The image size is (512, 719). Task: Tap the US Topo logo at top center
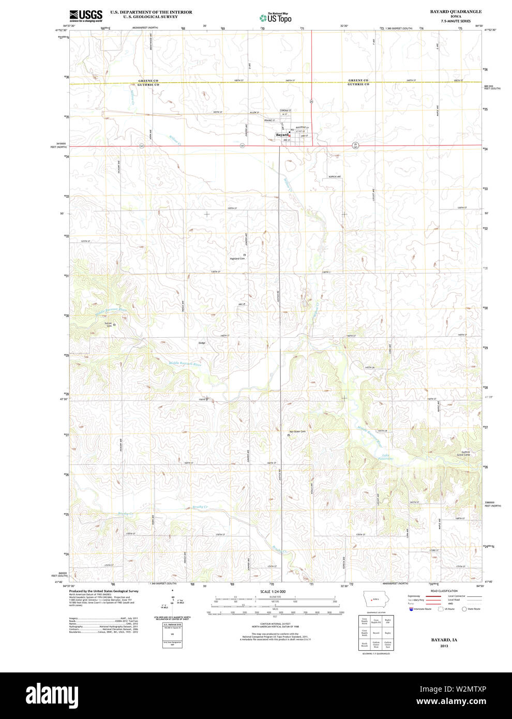coord(275,17)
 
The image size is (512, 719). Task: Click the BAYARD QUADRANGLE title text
coord(456,11)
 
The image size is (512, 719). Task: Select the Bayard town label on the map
coord(282,135)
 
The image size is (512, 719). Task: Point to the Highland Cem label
coord(237,258)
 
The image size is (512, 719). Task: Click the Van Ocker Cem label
coord(297,431)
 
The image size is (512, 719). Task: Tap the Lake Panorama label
coord(386,457)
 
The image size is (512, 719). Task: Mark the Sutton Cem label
coord(109,324)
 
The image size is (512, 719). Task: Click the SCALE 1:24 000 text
coord(273,591)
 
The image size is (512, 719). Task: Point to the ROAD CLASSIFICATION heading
coord(444,591)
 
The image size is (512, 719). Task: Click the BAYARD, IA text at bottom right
coord(444,640)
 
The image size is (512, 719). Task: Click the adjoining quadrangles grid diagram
coord(376,633)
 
